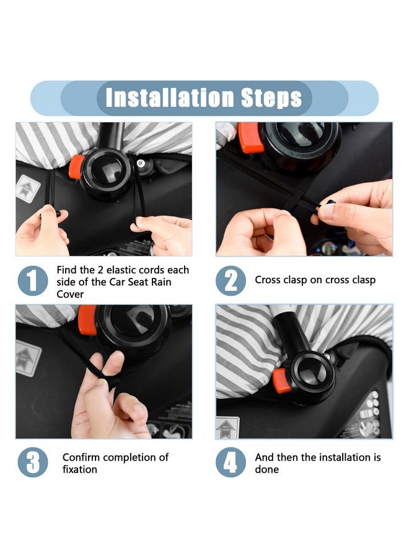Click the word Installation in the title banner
pos(170,97)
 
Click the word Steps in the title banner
pos(271,98)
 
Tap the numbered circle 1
pos(33,281)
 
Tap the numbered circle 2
pos(231,281)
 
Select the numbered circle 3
pos(33,463)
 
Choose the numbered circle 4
pos(231,463)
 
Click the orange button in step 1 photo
pos(76,167)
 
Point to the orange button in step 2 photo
pos(250,138)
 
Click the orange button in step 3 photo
pos(87,319)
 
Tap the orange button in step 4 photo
pos(282,381)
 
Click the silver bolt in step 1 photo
pos(141,163)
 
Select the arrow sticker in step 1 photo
pos(29,188)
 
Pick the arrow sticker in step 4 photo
pos(227,427)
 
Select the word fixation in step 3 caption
pos(80,469)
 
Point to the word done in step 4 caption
pos(266,469)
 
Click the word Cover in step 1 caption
pos(70,294)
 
